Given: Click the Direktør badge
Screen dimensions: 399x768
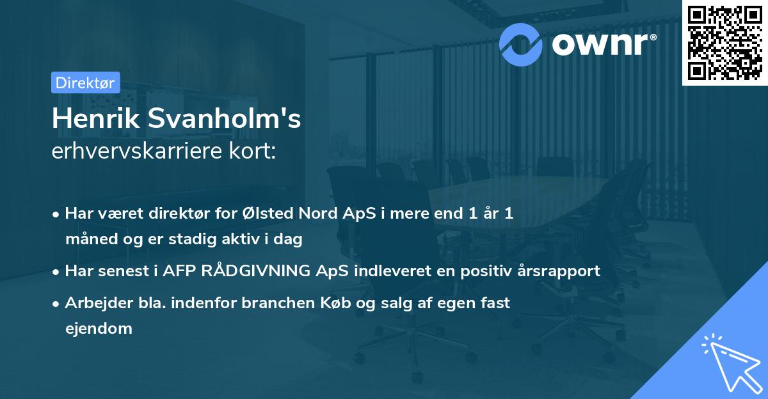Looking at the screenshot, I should pos(85,82).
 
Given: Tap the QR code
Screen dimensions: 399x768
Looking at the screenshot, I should pos(724,42).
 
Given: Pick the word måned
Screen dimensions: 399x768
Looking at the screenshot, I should pos(87,240).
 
